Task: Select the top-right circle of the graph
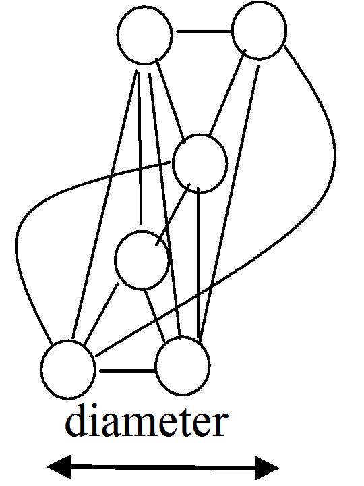[x=260, y=30]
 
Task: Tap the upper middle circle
[x=200, y=163]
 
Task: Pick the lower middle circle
[x=142, y=260]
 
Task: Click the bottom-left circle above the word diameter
[x=68, y=369]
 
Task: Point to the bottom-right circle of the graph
[x=183, y=366]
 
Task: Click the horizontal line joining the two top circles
[x=204, y=31]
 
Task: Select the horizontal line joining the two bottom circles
[x=127, y=370]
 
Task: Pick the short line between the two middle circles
[x=173, y=214]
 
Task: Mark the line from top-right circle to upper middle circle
[x=228, y=92]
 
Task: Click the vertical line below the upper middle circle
[x=199, y=263]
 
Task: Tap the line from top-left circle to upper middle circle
[x=171, y=101]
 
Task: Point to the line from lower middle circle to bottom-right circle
[x=155, y=315]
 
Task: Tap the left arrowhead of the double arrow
[x=59, y=467]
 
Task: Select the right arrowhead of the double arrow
[x=268, y=468]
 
